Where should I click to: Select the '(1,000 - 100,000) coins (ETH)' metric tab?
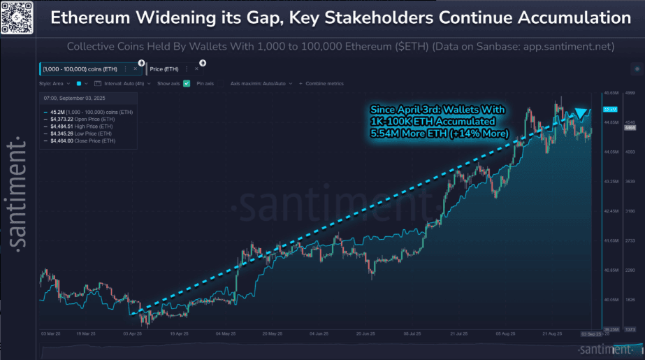coord(79,69)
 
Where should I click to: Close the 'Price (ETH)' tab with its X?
coord(198,69)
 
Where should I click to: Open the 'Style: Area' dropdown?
coord(58,83)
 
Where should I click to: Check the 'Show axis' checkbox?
coord(187,83)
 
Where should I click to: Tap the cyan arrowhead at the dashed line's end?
coord(580,113)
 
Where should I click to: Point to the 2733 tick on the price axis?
coord(629,240)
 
